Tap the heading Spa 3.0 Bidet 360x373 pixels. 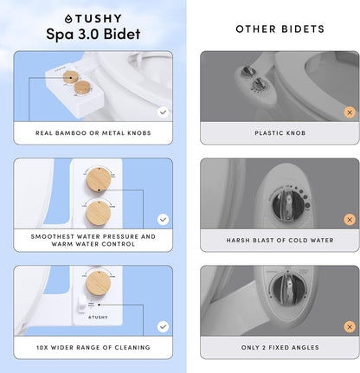click(93, 35)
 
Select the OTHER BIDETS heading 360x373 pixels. click(280, 29)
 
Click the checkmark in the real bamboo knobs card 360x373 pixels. click(163, 113)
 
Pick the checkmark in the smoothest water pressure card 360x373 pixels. click(163, 220)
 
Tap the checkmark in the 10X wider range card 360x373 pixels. click(163, 326)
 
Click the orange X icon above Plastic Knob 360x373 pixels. click(350, 113)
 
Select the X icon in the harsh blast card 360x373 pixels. click(350, 220)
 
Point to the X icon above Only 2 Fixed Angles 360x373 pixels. click(350, 326)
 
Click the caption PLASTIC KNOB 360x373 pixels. click(280, 133)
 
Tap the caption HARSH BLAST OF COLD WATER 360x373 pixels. click(280, 241)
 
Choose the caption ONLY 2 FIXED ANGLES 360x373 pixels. click(280, 348)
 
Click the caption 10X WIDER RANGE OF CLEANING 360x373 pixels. click(93, 348)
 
